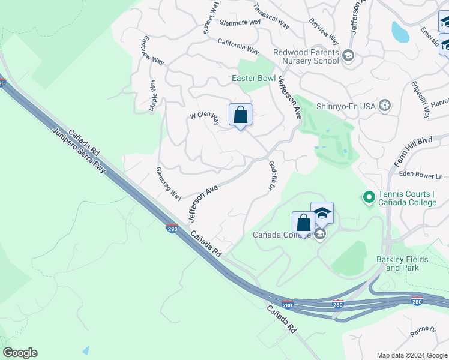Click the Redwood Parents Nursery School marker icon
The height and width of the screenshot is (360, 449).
(x=348, y=56)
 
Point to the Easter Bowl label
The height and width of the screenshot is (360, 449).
(x=254, y=78)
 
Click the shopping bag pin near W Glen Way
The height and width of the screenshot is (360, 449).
(x=240, y=115)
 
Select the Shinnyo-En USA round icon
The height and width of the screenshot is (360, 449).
(x=385, y=106)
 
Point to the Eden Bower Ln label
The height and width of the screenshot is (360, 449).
(x=421, y=176)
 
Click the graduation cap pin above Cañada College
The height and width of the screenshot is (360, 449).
(x=322, y=213)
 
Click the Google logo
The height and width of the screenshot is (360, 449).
(x=20, y=353)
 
